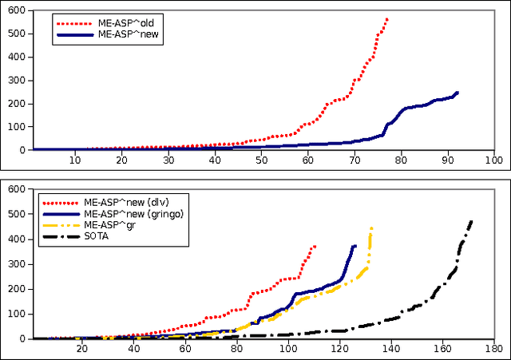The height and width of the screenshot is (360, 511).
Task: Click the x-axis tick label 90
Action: coord(447,160)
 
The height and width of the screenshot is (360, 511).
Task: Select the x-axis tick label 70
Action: coord(354,160)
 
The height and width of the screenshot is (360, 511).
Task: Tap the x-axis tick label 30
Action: coord(168,160)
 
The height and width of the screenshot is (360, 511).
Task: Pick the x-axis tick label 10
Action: coord(74,160)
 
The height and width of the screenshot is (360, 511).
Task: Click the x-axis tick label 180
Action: coord(493,349)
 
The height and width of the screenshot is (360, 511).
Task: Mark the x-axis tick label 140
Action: coord(390,349)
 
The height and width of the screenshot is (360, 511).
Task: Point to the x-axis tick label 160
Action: coord(442,349)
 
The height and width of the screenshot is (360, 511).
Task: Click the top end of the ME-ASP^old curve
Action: coord(387,18)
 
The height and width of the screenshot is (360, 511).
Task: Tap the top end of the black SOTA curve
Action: coord(471,221)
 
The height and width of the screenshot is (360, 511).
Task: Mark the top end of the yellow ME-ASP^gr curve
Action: coord(371,228)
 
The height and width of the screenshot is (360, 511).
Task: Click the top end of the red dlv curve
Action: coord(315,246)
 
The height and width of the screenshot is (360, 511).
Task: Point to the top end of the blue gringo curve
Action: coord(355,246)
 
